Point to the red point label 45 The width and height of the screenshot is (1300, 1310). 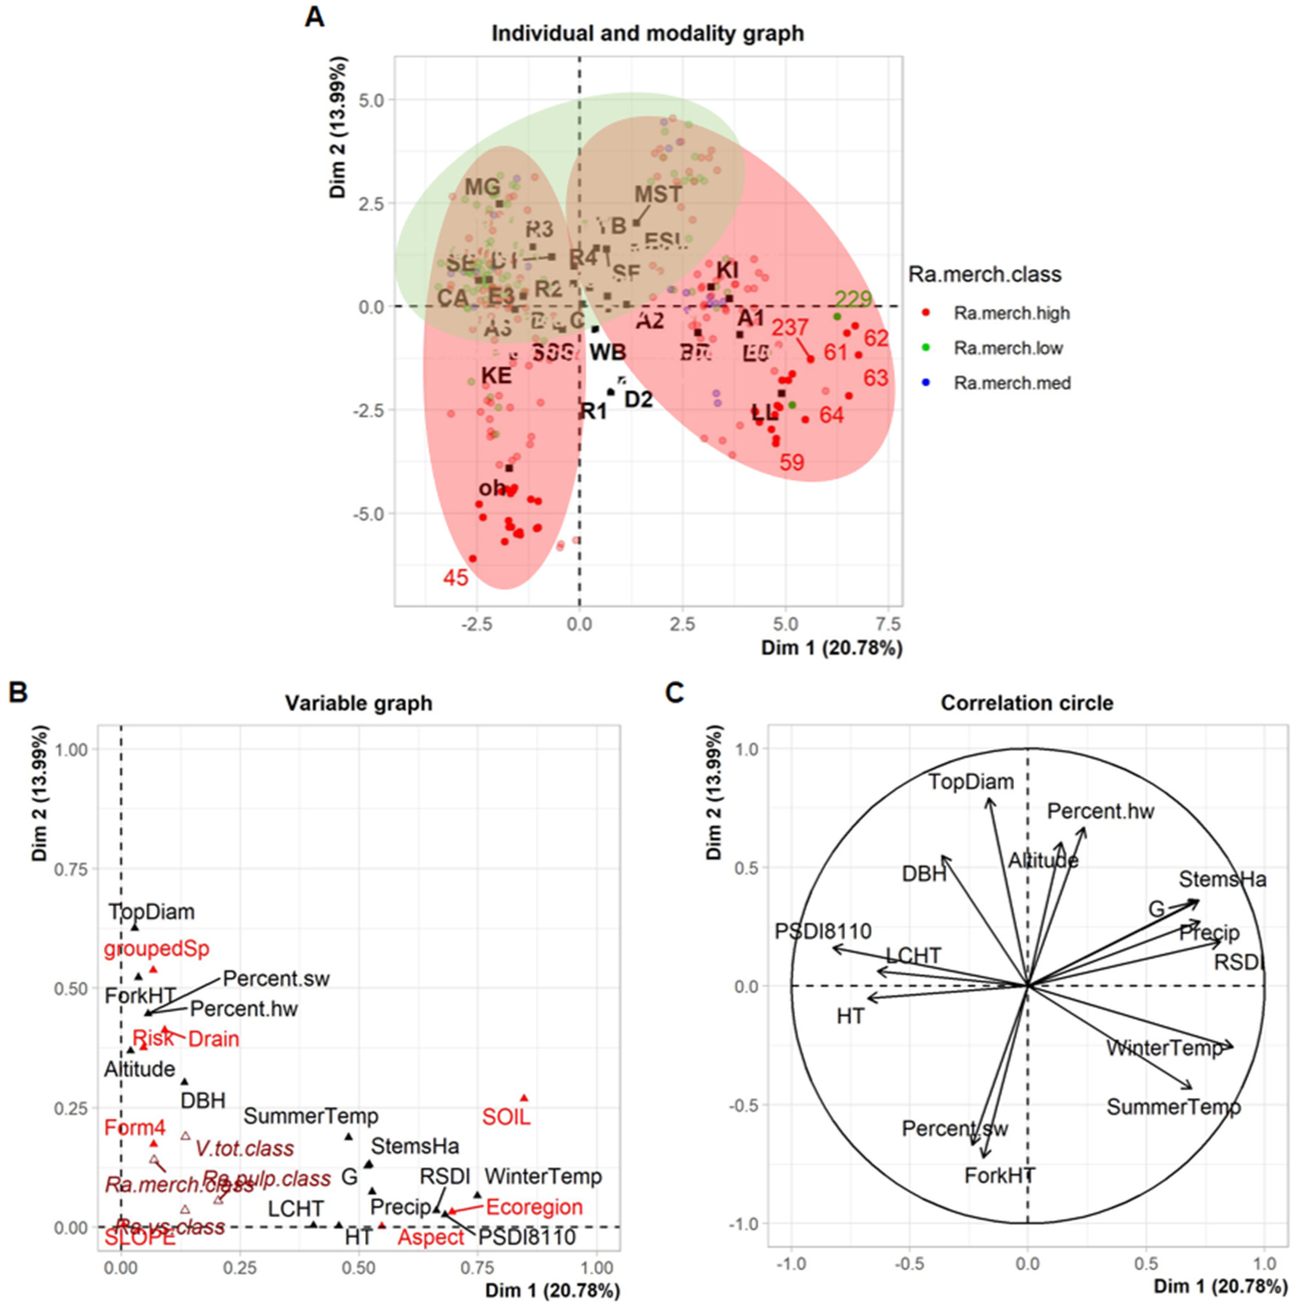pyautogui.click(x=456, y=578)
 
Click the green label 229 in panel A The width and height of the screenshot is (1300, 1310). pyautogui.click(x=853, y=299)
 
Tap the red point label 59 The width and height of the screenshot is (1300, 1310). pyautogui.click(x=791, y=462)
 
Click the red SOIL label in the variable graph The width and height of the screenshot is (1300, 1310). pyautogui.click(x=506, y=1117)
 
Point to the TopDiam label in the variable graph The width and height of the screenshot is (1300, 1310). pyautogui.click(x=152, y=911)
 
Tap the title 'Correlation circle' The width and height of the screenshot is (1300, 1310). pyautogui.click(x=1026, y=703)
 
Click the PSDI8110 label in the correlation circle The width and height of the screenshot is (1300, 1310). pyautogui.click(x=823, y=931)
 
